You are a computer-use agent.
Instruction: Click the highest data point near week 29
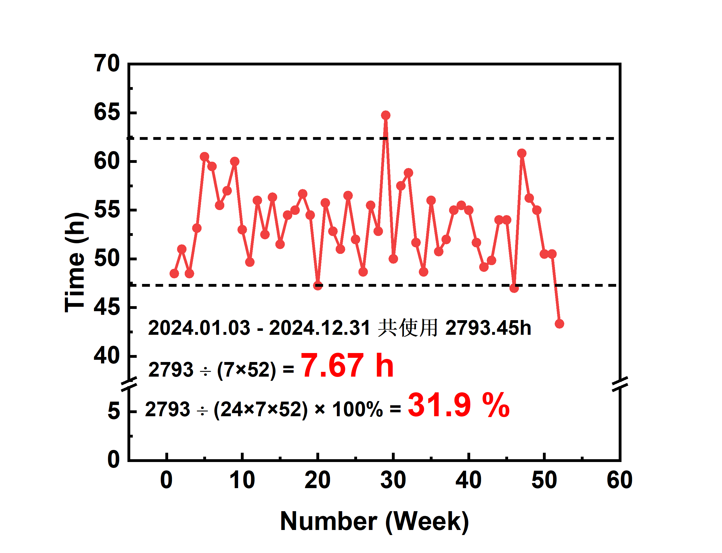(x=385, y=115)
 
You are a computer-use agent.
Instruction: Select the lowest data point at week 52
(x=559, y=324)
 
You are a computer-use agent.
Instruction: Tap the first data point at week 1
(x=174, y=274)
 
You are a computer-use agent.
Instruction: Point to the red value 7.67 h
(x=347, y=366)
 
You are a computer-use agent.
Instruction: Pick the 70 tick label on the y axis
(x=107, y=63)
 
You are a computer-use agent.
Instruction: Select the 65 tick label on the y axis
(x=107, y=112)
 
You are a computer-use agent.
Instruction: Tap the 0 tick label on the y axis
(x=113, y=459)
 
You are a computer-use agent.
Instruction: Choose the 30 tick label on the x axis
(x=393, y=480)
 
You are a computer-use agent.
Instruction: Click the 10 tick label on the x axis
(x=242, y=480)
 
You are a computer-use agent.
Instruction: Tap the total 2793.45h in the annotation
(x=488, y=328)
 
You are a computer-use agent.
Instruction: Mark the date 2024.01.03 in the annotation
(x=199, y=328)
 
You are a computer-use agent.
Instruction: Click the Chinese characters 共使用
(x=408, y=328)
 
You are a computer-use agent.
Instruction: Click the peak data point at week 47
(x=522, y=153)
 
